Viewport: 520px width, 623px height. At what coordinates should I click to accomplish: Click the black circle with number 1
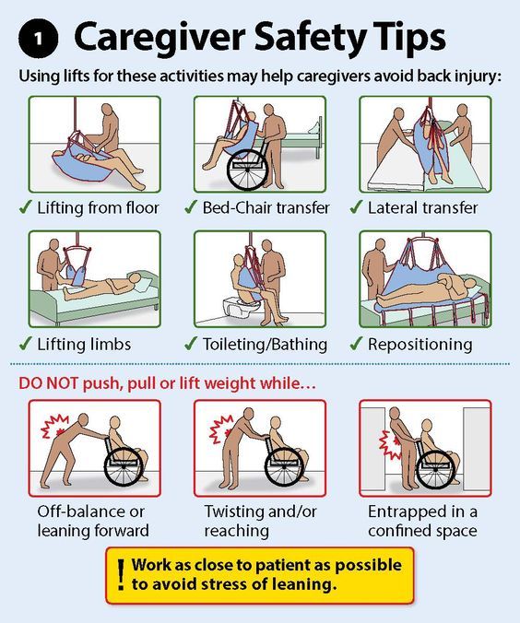[x=38, y=39]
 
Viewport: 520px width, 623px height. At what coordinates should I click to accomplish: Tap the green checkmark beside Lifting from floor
[x=26, y=206]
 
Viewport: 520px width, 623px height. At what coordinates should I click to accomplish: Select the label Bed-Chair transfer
[x=266, y=207]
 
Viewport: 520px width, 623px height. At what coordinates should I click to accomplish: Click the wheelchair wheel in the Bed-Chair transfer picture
[x=247, y=170]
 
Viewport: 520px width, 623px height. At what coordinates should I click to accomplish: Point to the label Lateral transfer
[x=422, y=207]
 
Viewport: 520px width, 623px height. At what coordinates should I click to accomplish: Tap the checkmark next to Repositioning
[x=356, y=343]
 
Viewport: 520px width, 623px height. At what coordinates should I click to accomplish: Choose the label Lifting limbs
[x=84, y=344]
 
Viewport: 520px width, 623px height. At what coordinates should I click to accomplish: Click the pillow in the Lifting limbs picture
[x=144, y=284]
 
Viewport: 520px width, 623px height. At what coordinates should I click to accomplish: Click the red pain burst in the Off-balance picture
[x=54, y=427]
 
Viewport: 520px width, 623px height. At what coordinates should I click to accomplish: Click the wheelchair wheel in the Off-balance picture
[x=124, y=466]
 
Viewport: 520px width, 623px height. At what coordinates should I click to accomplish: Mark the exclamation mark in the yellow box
[x=121, y=574]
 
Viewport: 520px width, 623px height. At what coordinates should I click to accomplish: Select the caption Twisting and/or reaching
[x=260, y=521]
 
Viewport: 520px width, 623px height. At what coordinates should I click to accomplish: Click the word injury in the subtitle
[x=479, y=76]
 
